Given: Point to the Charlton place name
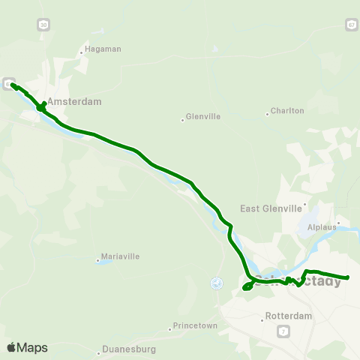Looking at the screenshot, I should tap(288, 110).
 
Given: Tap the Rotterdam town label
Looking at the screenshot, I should tap(289, 316).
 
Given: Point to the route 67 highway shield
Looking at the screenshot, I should tap(351, 25).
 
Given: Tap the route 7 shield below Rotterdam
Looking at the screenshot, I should tap(283, 331).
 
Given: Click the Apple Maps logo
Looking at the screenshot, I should tap(27, 347).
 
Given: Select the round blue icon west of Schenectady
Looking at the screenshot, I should tap(217, 283).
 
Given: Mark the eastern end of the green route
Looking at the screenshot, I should tap(348, 278).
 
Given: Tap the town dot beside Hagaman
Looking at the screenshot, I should tap(82, 52).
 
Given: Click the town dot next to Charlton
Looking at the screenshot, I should tap(267, 114).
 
